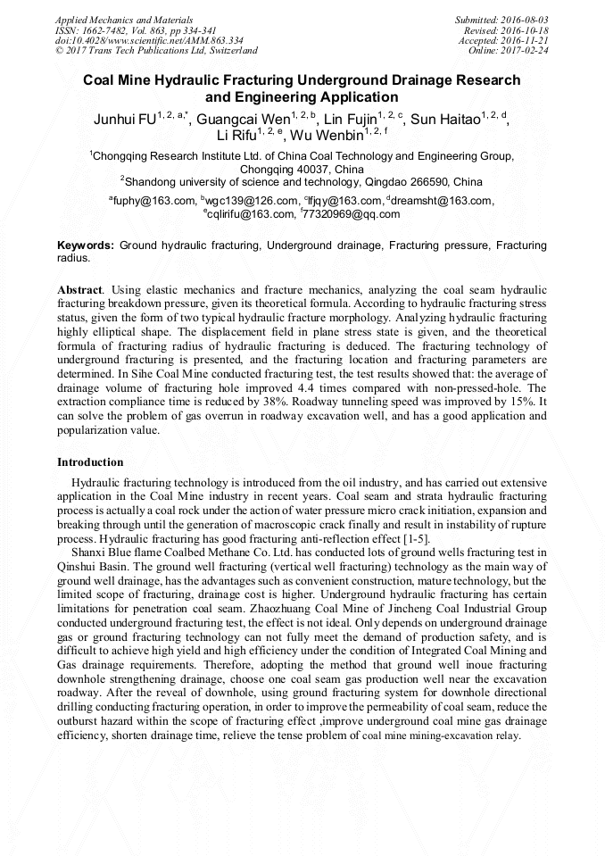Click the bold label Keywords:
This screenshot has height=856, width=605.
coord(86,245)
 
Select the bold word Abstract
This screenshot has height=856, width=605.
coord(79,291)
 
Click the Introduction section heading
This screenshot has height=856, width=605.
coord(90,462)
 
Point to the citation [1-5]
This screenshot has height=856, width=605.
coord(414,539)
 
